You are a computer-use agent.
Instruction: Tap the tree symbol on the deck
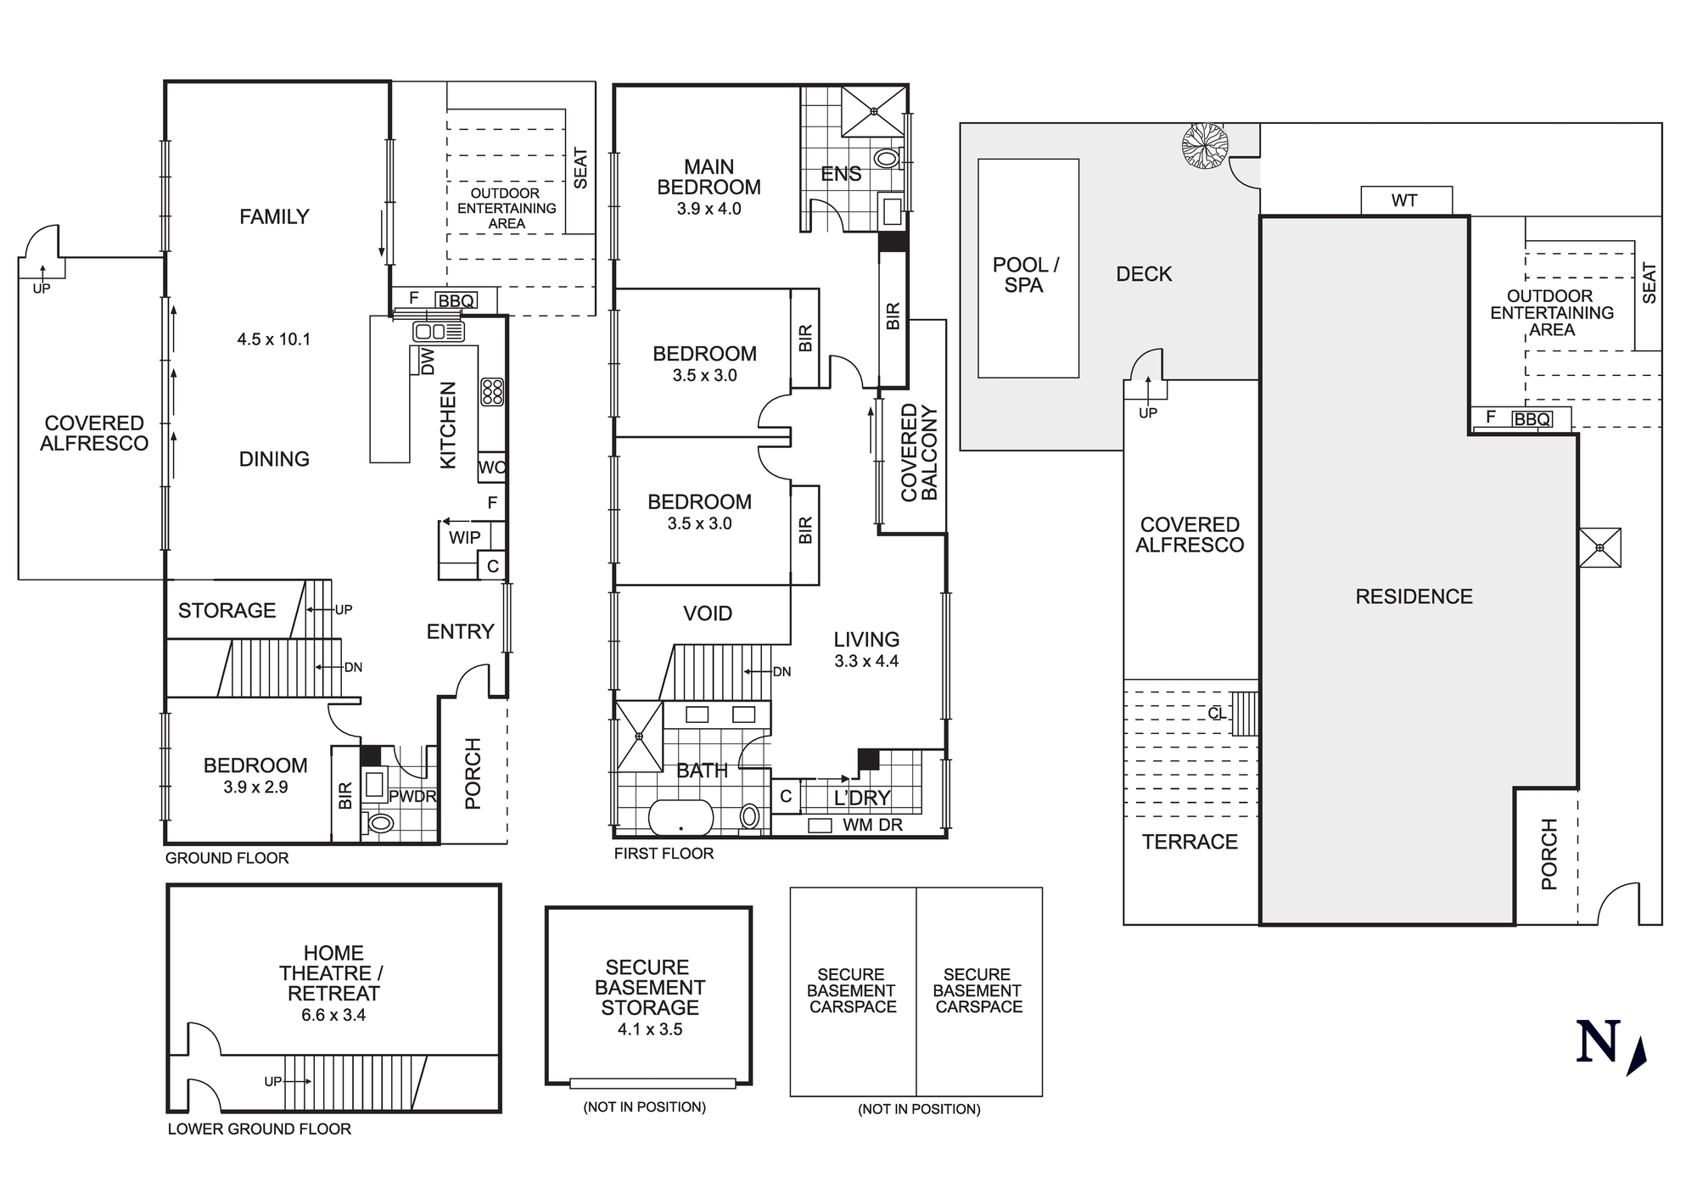(1205, 145)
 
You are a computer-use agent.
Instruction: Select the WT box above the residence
(1406, 201)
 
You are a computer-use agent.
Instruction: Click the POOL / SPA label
(1025, 275)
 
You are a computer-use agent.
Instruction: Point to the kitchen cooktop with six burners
(492, 392)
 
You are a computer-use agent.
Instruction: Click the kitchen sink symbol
(438, 331)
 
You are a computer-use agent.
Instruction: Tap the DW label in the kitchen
(428, 361)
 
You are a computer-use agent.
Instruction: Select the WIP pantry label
(464, 537)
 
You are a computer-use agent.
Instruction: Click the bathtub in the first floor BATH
(680, 818)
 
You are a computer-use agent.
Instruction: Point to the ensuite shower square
(874, 110)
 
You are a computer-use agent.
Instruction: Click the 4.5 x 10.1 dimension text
(273, 339)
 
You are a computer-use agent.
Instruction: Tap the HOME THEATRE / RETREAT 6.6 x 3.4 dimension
(333, 1015)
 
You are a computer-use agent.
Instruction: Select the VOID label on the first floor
(708, 614)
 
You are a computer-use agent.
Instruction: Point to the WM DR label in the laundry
(872, 825)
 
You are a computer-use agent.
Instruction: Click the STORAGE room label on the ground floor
(227, 611)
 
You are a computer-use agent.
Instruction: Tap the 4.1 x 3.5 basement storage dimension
(649, 1029)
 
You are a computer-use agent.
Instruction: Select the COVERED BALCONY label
(919, 452)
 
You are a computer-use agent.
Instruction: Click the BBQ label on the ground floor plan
(456, 300)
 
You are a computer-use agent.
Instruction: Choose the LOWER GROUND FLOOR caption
(259, 1129)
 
